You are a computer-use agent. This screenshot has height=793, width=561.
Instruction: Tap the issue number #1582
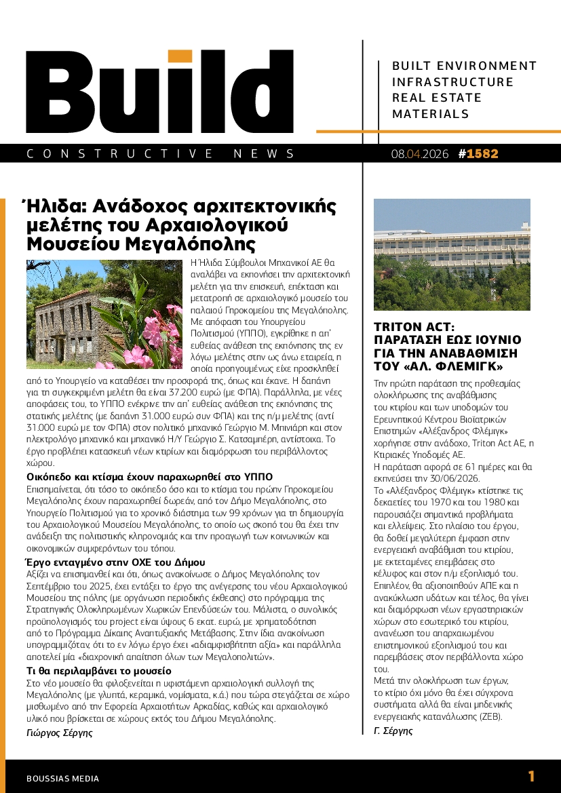pos(478,154)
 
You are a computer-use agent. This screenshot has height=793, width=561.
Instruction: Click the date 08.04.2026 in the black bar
pos(420,154)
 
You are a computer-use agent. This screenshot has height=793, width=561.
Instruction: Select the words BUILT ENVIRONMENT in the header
pos(464,66)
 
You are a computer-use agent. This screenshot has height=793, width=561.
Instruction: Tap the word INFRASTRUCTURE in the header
pos(453,82)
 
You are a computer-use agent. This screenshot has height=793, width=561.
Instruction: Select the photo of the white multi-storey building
pos(452,254)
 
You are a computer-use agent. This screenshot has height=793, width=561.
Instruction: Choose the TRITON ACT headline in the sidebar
pos(447,347)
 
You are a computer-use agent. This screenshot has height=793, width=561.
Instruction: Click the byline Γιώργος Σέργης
pos(59,733)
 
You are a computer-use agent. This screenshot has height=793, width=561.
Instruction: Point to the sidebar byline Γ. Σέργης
pos(393,730)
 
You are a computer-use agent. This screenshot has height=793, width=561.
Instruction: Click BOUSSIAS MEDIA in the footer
pos(62,778)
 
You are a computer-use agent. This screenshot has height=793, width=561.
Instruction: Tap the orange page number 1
pos(531,777)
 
